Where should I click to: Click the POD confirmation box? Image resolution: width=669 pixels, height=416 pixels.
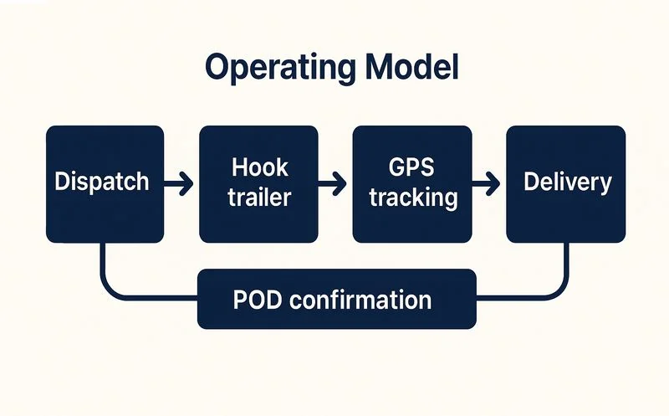(x=336, y=299)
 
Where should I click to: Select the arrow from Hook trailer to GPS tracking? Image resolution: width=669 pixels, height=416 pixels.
(x=334, y=182)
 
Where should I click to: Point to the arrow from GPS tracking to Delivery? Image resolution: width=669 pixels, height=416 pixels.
(x=488, y=182)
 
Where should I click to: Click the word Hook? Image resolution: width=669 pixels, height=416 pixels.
(x=259, y=167)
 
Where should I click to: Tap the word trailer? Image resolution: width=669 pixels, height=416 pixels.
(x=259, y=198)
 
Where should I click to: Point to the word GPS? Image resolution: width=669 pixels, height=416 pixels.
(x=413, y=167)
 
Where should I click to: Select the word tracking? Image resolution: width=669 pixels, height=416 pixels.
(x=413, y=198)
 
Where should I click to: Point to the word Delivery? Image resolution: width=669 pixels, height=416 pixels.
(x=566, y=182)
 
